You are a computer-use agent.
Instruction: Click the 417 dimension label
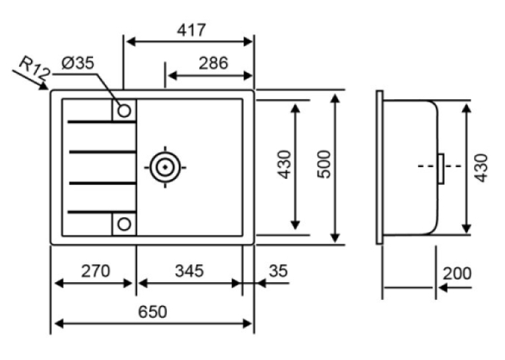point(191,30)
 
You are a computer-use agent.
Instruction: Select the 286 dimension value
point(213,63)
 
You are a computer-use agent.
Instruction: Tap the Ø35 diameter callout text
point(78,63)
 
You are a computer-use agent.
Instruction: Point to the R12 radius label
point(34,69)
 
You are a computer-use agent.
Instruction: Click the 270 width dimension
point(95,271)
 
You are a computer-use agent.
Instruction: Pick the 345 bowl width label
point(189,271)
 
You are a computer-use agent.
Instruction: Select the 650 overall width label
point(152,312)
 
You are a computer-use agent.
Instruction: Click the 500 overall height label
point(324,164)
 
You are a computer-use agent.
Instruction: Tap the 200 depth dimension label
point(457,273)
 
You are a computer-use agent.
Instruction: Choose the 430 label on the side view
point(481,168)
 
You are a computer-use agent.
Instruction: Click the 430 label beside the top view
point(285,164)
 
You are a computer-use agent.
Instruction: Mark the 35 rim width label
point(279,271)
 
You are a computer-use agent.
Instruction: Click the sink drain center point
point(165,167)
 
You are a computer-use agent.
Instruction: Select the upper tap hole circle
point(124,110)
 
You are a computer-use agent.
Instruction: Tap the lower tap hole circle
point(124,224)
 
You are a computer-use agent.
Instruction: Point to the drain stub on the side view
point(441,169)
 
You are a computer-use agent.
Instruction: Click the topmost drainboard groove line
point(102,122)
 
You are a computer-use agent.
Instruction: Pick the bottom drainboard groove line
point(102,212)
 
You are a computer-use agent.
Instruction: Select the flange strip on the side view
point(380,167)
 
